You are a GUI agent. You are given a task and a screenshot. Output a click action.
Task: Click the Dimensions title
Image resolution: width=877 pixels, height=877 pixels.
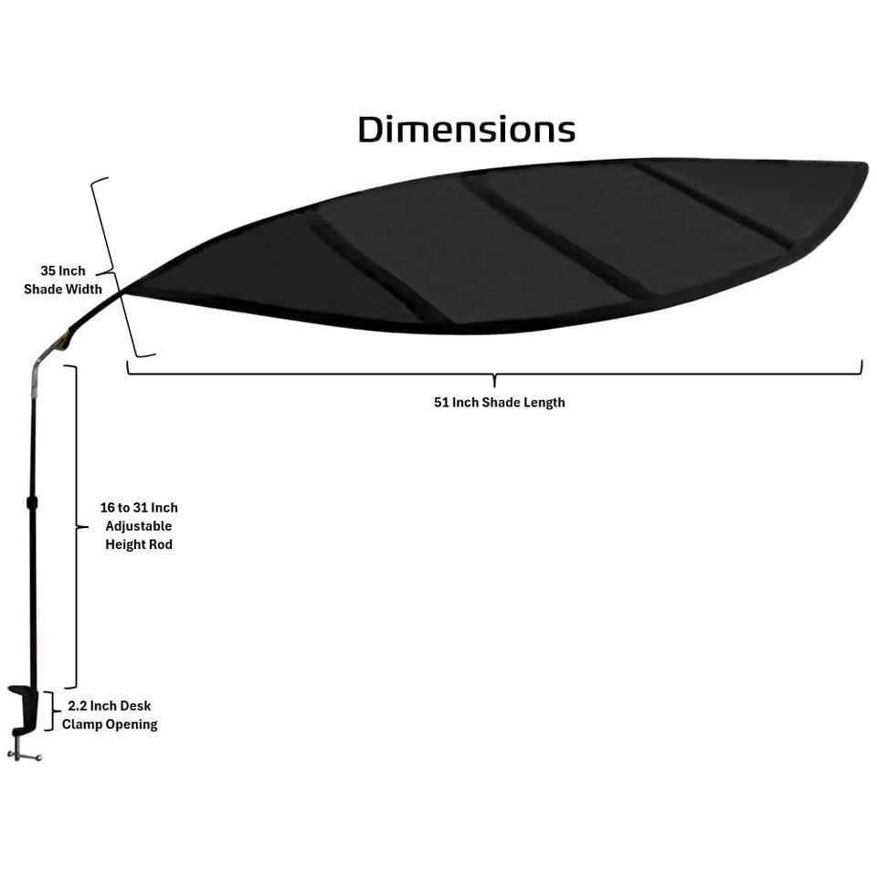pyautogui.click(x=466, y=130)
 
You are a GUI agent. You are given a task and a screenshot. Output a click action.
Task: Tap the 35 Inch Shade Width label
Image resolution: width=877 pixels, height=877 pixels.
pyautogui.click(x=62, y=280)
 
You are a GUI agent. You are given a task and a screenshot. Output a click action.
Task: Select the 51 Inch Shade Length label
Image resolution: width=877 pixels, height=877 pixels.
pyautogui.click(x=499, y=403)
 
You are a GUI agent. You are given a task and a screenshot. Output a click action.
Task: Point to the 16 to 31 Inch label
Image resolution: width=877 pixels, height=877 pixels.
pyautogui.click(x=139, y=508)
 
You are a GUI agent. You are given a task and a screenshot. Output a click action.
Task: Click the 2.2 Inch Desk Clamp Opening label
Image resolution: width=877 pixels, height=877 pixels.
pyautogui.click(x=110, y=715)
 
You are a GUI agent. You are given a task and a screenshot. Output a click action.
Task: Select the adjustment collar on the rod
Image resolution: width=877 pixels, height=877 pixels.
pyautogui.click(x=32, y=502)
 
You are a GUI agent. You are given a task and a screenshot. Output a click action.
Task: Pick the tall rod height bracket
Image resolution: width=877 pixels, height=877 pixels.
pyautogui.click(x=73, y=526)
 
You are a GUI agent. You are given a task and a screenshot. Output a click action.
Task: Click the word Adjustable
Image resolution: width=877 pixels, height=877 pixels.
pyautogui.click(x=139, y=526)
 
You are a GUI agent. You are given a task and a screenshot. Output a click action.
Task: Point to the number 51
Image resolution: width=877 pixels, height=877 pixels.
pyautogui.click(x=442, y=403)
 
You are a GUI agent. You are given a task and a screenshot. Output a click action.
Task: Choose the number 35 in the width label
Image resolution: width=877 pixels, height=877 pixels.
pyautogui.click(x=48, y=271)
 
